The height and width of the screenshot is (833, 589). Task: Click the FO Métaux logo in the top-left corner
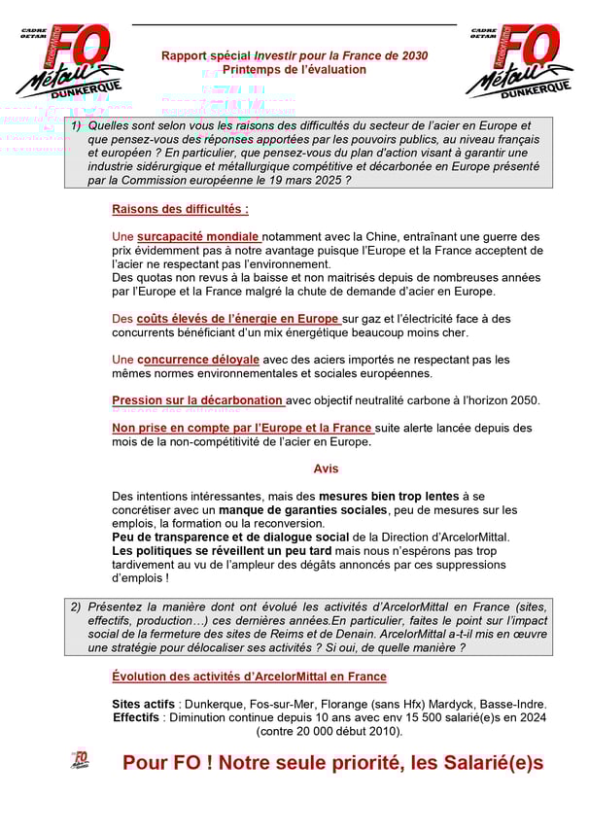[68, 60]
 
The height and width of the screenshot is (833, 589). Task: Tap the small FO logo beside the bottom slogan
[81, 759]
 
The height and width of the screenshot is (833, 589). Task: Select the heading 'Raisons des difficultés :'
[180, 209]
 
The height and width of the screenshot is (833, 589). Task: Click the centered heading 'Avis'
[326, 469]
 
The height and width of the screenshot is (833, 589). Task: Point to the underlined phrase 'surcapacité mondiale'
[198, 236]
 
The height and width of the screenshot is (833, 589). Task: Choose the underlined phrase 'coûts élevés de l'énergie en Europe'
[238, 318]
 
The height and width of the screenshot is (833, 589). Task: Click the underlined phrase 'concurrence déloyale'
[198, 360]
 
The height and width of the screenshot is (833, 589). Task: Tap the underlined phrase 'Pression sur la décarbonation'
[197, 400]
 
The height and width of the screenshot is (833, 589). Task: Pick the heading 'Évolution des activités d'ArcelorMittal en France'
[249, 677]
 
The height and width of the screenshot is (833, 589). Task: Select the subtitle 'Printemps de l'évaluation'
[294, 70]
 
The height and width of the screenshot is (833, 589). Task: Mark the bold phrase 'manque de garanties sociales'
[302, 509]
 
